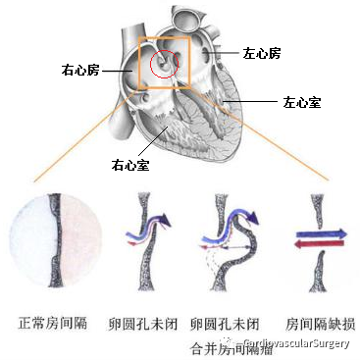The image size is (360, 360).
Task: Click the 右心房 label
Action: pos(80,70)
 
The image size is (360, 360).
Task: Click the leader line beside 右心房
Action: pos(116,71)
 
